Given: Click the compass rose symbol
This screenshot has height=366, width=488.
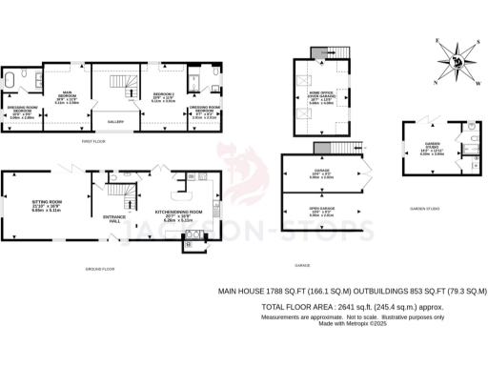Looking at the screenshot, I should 455,63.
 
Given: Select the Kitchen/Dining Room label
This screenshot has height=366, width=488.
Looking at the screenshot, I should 178,213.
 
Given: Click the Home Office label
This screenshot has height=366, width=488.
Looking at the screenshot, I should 319,97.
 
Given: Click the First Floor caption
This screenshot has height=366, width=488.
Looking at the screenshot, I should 92,141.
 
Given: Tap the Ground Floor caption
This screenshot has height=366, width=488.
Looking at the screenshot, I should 100,270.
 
